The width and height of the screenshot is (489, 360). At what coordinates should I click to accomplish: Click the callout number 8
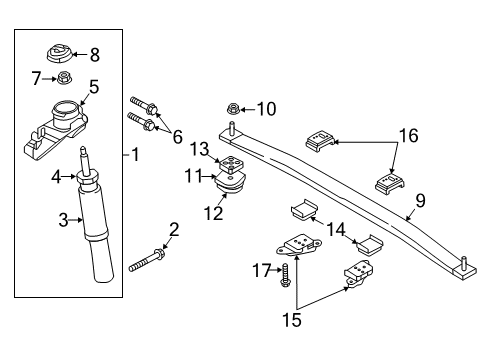[95, 54]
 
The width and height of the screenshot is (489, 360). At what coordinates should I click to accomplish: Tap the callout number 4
[58, 178]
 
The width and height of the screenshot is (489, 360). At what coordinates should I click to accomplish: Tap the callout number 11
[193, 176]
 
